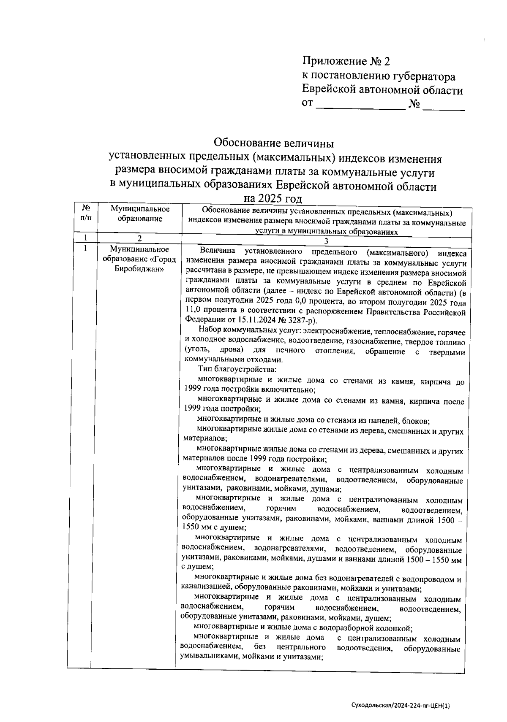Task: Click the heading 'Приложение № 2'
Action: pos(346,62)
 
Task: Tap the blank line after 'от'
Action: pos(360,105)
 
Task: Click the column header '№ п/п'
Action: pos(85,214)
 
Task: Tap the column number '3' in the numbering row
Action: pos(326,241)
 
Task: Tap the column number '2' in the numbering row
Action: pos(139,238)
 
